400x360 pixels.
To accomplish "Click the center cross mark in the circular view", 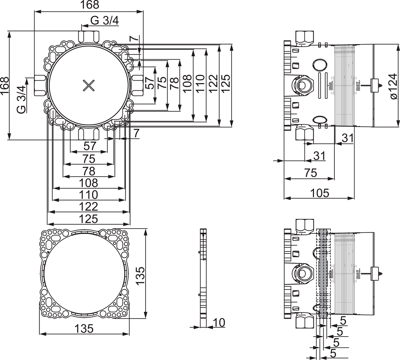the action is pyautogui.click(x=89, y=86).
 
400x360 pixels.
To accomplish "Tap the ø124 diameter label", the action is pyautogui.click(x=394, y=86).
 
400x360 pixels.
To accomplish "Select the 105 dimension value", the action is pyautogui.click(x=320, y=193).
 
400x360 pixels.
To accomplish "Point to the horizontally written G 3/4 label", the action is pyautogui.click(x=104, y=21).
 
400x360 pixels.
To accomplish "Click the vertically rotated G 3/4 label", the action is pyautogui.click(x=21, y=99).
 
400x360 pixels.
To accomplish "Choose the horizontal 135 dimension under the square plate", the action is pyautogui.click(x=84, y=328).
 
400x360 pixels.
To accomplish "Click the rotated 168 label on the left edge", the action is pyautogui.click(x=4, y=86).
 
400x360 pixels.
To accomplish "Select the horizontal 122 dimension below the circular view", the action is pyautogui.click(x=89, y=207).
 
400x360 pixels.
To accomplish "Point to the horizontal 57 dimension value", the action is pyautogui.click(x=90, y=146).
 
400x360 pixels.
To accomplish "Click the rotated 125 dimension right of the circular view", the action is pyautogui.click(x=226, y=83).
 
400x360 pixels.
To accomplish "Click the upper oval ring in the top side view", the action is pyautogui.click(x=320, y=65).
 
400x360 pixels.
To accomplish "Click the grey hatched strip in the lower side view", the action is pyautogui.click(x=323, y=274).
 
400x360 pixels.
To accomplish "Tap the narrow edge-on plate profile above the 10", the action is pyautogui.click(x=203, y=273).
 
